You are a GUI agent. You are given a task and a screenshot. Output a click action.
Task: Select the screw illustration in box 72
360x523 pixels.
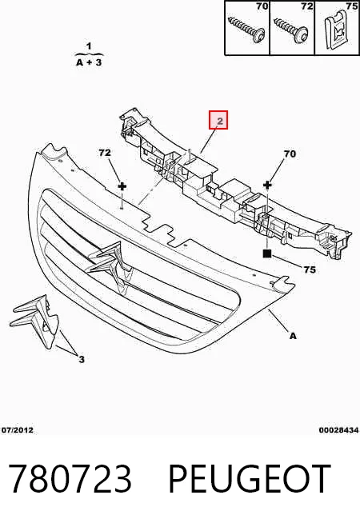pyautogui.click(x=290, y=30)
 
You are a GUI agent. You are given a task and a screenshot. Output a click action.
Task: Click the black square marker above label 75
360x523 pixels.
pyautogui.click(x=267, y=254)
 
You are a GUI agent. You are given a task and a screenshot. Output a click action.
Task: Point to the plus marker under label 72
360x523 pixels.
pyautogui.click(x=122, y=186)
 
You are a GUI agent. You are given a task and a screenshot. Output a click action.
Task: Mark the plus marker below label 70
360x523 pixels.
pyautogui.click(x=267, y=185)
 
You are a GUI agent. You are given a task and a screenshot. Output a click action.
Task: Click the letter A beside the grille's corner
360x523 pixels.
pyautogui.click(x=293, y=336)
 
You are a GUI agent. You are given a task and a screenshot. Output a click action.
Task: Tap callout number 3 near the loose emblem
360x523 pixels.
pyautogui.click(x=82, y=359)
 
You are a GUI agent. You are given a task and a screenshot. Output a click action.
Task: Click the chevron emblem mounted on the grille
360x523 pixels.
pyautogui.click(x=109, y=263)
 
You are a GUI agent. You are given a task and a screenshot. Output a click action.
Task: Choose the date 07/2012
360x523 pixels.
pyautogui.click(x=18, y=430)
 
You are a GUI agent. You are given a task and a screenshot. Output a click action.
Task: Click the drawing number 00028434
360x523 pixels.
pyautogui.click(x=338, y=430)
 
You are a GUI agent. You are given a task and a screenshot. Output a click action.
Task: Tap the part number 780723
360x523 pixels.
pyautogui.click(x=70, y=479)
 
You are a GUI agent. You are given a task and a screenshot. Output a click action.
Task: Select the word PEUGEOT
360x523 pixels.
pyautogui.click(x=250, y=479)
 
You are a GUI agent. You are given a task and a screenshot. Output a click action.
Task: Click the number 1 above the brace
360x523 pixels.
pyautogui.click(x=89, y=46)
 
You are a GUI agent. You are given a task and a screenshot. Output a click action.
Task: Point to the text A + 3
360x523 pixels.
pyautogui.click(x=89, y=62)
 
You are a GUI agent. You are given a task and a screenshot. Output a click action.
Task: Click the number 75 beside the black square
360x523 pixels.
pyautogui.click(x=310, y=269)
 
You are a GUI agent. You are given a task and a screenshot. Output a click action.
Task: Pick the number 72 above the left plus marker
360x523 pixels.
pyautogui.click(x=105, y=153)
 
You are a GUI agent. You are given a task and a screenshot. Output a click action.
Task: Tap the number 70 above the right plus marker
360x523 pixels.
pyautogui.click(x=290, y=154)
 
